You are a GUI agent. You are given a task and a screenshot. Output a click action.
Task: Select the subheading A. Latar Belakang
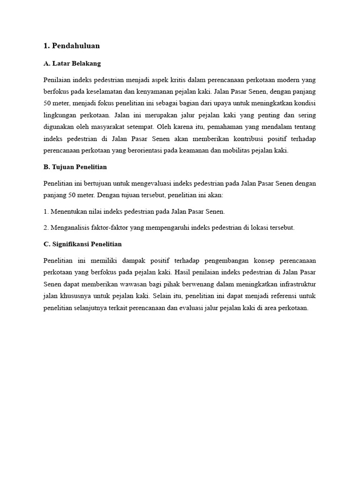[72, 63]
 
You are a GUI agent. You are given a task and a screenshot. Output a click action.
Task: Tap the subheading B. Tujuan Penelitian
[75, 167]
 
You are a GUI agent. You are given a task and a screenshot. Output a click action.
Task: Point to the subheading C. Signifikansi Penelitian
[82, 244]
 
